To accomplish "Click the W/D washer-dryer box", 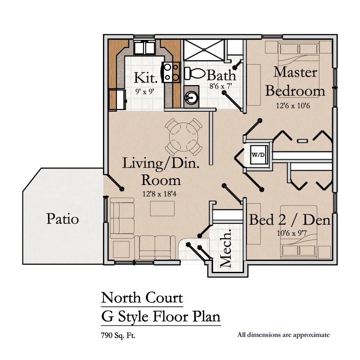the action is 259,154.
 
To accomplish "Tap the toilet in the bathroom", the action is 195,73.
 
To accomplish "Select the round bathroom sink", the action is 191,98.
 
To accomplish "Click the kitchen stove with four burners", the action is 171,72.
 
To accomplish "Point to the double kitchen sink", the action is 144,48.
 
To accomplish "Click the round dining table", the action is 183,137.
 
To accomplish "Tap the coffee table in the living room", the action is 162,209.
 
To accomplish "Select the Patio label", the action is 62,219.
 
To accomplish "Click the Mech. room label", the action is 226,248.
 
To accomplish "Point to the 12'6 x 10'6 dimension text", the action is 293,106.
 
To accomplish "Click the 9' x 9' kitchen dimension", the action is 144,92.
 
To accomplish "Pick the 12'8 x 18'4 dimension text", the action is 159,194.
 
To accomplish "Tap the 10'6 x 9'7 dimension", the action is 291,233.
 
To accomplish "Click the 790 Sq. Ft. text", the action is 118,336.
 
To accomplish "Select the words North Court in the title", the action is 142,298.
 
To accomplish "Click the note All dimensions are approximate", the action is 284,335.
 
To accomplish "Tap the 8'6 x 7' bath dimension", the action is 221,86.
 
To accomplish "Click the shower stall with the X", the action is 204,50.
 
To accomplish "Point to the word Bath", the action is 221,75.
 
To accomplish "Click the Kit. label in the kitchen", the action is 146,78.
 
